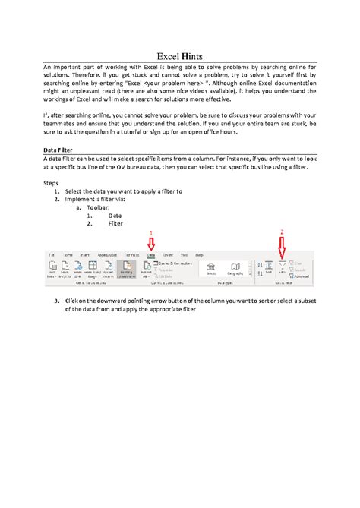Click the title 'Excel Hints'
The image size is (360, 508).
point(180,56)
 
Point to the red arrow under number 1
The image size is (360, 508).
point(150,244)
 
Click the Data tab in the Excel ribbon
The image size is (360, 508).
point(150,256)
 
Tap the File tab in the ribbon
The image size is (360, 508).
point(52,256)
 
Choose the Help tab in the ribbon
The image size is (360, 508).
point(200,256)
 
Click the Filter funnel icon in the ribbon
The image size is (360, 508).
point(283,266)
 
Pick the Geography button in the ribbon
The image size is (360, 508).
point(235,269)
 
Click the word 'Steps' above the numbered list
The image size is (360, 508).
point(51,183)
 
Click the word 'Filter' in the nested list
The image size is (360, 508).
point(115,223)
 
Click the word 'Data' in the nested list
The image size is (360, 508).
point(115,216)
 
